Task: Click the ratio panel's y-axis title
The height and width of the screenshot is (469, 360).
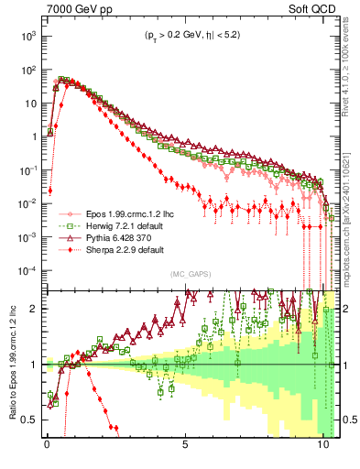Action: click(x=11, y=364)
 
